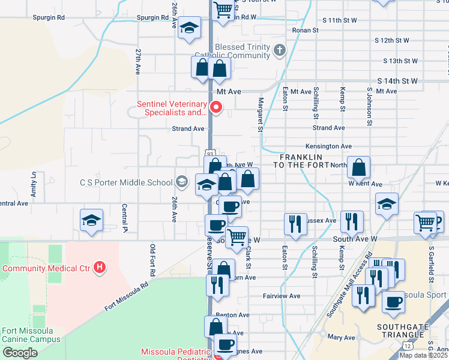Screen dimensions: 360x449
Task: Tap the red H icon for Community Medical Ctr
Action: tap(100, 267)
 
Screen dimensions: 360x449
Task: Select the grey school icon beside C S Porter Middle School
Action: tap(181, 182)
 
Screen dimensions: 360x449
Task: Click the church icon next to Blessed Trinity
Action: tap(279, 50)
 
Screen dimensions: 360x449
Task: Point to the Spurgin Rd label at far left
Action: tap(50, 17)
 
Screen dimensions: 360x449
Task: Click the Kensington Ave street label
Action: tap(328, 146)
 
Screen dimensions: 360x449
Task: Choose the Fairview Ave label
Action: tap(282, 296)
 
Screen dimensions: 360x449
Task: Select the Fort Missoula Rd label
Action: tap(126, 297)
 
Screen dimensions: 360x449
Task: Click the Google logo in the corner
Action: tap(20, 353)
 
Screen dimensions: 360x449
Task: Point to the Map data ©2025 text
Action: tap(423, 355)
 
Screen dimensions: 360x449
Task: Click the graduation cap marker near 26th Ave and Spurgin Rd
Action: tap(190, 29)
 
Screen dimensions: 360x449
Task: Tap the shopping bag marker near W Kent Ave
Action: tap(358, 169)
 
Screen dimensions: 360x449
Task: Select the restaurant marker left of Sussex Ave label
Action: tap(295, 224)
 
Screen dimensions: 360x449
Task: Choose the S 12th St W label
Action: tap(391, 40)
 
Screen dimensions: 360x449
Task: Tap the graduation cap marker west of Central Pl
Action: tap(92, 220)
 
